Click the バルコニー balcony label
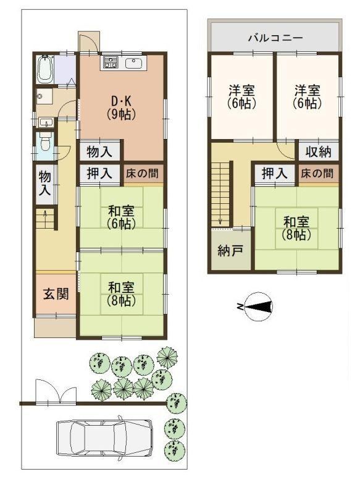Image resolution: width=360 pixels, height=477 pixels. (x=275, y=38)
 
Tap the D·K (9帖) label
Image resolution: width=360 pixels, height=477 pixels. (x=121, y=108)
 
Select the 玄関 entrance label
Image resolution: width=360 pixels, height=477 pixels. (x=56, y=294)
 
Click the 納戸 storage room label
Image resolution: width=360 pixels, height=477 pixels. (x=230, y=251)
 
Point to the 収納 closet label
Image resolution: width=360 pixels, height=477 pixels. (x=318, y=151)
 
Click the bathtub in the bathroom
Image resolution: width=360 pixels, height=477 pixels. (x=45, y=69)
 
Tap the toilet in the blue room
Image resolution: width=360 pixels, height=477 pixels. (x=45, y=142)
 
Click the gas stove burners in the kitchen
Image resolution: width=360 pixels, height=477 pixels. (x=111, y=62)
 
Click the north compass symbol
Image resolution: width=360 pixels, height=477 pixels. (x=256, y=306)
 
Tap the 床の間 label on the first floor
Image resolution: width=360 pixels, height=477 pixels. (x=142, y=174)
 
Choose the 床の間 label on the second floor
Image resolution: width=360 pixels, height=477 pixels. (x=317, y=174)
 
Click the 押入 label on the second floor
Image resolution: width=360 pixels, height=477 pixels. (x=275, y=174)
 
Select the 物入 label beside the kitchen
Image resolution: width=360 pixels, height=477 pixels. (x=99, y=151)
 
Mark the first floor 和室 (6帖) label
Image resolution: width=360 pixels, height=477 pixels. (x=121, y=217)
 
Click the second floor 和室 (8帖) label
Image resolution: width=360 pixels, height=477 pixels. (x=296, y=228)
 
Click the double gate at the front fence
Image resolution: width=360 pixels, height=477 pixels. (x=56, y=392)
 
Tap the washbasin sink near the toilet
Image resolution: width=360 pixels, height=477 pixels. (x=46, y=122)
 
